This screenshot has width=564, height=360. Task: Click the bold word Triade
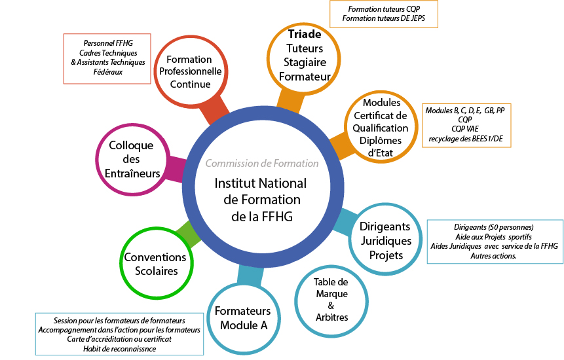304,35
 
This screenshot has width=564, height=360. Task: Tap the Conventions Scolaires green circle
155,263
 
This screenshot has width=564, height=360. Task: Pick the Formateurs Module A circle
242,318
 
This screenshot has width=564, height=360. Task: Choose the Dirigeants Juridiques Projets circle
386,240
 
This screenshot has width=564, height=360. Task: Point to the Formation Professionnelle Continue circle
189,72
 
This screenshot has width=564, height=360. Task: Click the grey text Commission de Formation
261,164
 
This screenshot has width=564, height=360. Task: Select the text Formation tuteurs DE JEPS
383,20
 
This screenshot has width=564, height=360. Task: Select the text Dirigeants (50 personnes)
493,226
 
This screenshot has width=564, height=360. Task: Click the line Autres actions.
493,255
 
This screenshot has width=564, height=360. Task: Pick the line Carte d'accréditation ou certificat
119,339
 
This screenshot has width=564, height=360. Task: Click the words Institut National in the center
256,183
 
